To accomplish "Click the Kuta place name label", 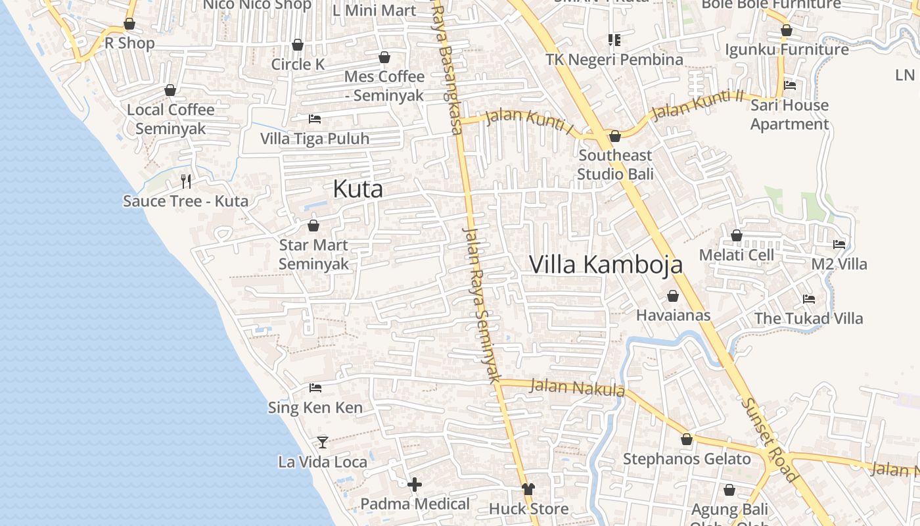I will pos(357,189).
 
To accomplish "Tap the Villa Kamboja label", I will pos(605,264).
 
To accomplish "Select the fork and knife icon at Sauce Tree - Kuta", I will pos(186,181).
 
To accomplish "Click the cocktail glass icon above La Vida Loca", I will pos(323,442).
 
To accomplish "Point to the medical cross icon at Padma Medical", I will pos(415,485).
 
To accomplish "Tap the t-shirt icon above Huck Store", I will pos(528,489).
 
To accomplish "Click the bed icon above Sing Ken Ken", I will pos(315,388).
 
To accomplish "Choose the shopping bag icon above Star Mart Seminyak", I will pos(313,226).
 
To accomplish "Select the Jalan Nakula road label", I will pos(576,387).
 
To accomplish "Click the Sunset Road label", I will pos(770,440).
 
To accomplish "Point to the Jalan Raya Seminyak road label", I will pos(481,305).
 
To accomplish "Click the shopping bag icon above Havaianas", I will pos(673,296).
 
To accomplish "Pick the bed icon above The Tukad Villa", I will pos(809,299).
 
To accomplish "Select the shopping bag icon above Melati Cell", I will pos(737,235).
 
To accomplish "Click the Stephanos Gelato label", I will pos(687,459).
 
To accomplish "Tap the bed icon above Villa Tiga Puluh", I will pos(315,119).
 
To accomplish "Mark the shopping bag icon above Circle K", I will pos(298,45).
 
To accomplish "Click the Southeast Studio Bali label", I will pos(615,164).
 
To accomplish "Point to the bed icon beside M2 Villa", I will pos(839,245).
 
